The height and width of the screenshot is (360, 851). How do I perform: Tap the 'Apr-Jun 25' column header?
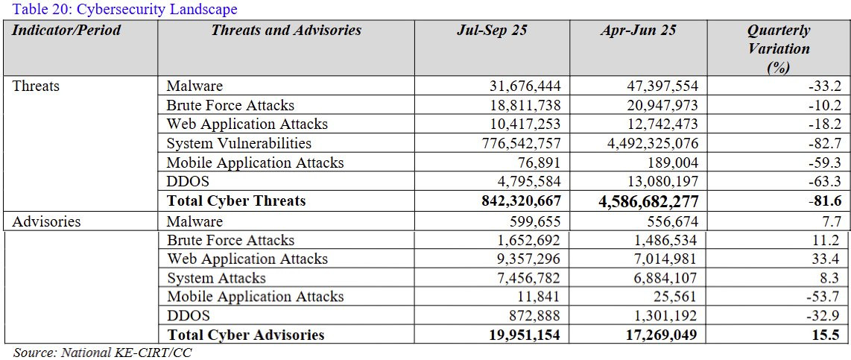(x=638, y=31)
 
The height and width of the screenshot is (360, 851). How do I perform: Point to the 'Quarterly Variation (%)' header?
(x=778, y=49)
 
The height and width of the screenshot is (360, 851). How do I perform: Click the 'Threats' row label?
(x=36, y=86)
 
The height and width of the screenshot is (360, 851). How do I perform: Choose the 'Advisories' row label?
(x=46, y=221)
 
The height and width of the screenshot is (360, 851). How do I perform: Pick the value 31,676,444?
(x=522, y=86)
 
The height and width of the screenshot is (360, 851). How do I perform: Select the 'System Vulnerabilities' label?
(x=238, y=143)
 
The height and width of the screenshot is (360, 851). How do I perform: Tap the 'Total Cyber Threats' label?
(x=236, y=201)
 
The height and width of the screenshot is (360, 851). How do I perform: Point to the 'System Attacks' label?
(x=215, y=278)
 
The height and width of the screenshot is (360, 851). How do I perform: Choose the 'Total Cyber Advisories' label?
(x=246, y=335)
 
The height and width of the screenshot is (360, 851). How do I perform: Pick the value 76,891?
(x=539, y=162)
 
